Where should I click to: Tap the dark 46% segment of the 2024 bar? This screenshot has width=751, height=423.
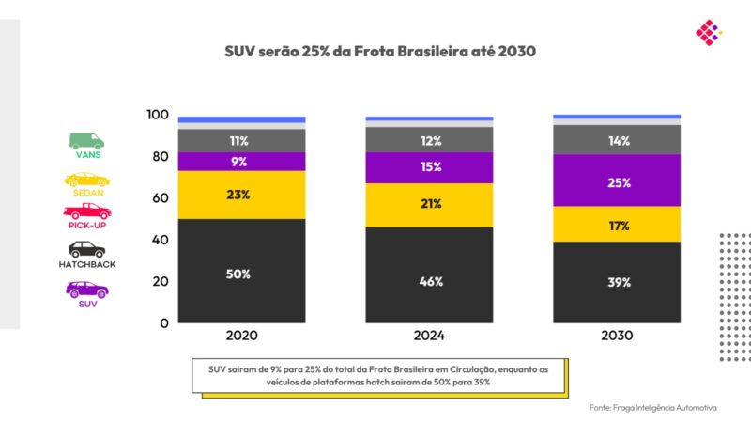coord(429,280)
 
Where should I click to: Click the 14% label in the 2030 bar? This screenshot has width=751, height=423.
coord(618,140)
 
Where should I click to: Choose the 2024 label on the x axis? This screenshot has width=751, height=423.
coord(429,336)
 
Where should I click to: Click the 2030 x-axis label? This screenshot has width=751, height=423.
coord(617,336)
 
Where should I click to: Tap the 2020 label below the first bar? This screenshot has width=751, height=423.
coord(241,336)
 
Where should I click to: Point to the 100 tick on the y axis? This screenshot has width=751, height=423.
coord(157,116)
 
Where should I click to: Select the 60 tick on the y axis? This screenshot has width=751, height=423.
coord(161,198)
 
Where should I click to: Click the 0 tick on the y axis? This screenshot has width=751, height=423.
coord(163,322)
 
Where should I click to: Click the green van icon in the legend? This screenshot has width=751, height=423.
coord(86,141)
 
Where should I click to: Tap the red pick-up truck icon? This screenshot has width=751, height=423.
coord(87,211)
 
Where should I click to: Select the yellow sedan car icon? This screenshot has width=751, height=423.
coord(86,179)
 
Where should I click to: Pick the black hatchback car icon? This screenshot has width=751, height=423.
coord(86,249)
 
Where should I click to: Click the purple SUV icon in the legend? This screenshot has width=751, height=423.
coord(86,289)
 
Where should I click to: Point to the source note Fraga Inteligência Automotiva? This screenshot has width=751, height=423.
coord(653,407)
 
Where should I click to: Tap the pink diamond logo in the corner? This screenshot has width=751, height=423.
coord(708,33)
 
